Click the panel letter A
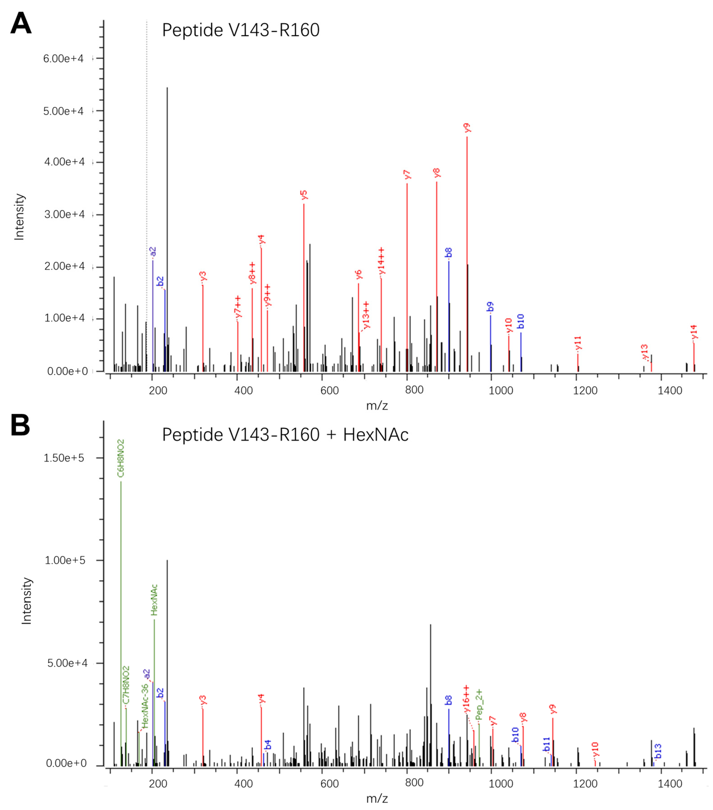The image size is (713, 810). pos(21,24)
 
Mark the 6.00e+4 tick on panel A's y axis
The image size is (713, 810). pos(63,59)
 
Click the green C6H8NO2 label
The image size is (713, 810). pos(121,458)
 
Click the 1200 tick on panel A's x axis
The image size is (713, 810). pos(585,390)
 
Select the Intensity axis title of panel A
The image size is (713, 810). pos(19,217)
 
